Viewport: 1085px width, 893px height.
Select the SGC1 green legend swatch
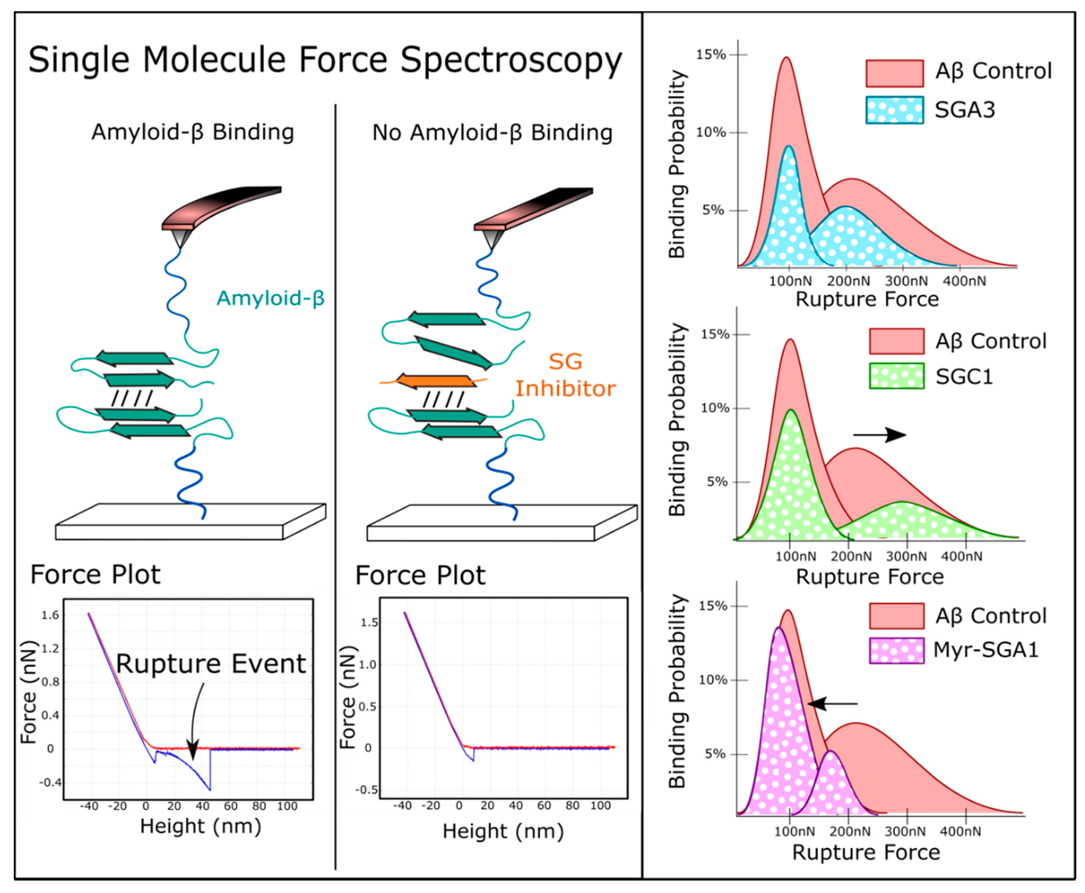coord(896,376)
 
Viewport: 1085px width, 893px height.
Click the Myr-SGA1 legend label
coord(985,650)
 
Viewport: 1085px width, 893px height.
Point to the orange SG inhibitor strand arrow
coord(435,381)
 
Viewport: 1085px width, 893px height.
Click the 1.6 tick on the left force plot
coord(50,615)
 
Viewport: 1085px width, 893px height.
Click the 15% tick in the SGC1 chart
coord(715,334)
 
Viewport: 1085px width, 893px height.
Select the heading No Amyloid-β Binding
coord(492,133)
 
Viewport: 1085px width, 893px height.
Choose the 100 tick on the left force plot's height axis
coord(287,806)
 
